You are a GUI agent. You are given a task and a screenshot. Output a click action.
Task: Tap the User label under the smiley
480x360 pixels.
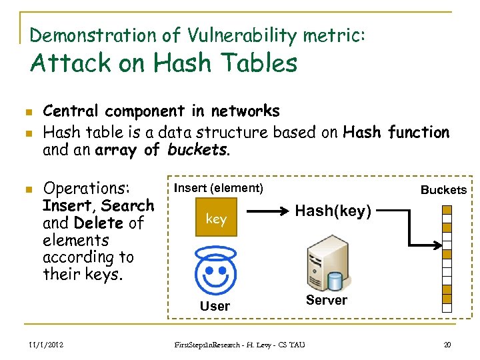[215, 306]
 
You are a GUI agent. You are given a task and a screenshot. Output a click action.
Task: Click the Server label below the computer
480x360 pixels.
[326, 300]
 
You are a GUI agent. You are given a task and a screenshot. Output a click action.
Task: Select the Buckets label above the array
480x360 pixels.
[443, 190]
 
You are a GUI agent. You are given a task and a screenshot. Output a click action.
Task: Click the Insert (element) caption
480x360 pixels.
[219, 188]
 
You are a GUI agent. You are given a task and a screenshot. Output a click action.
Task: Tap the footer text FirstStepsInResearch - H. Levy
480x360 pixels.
[239, 345]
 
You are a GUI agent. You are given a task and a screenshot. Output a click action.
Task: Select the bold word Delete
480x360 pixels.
[99, 223]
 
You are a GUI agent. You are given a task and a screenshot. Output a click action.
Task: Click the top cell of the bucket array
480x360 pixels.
[447, 209]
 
